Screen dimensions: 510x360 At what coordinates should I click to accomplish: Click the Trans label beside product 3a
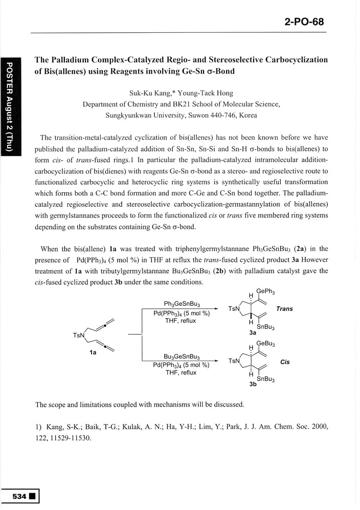pyautogui.click(x=284, y=309)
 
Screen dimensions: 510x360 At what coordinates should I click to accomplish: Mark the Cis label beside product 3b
pyautogui.click(x=285, y=362)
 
